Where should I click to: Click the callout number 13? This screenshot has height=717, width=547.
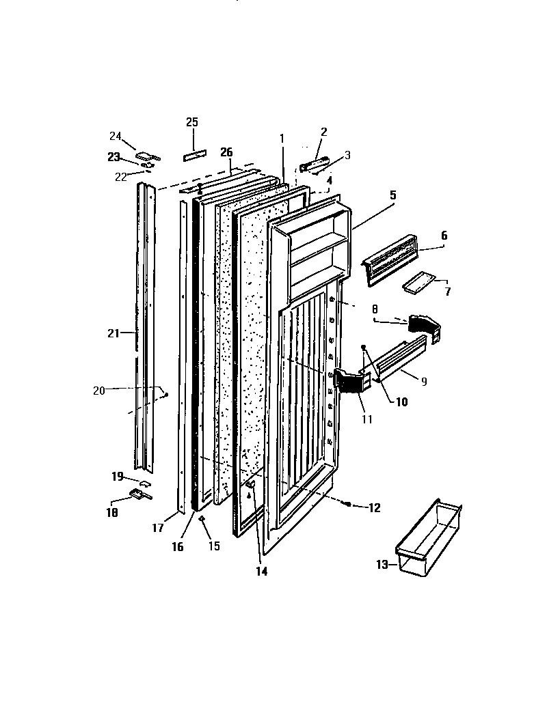click(x=382, y=564)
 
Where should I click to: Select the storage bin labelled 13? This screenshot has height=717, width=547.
click(x=429, y=535)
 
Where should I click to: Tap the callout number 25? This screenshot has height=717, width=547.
click(x=192, y=122)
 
